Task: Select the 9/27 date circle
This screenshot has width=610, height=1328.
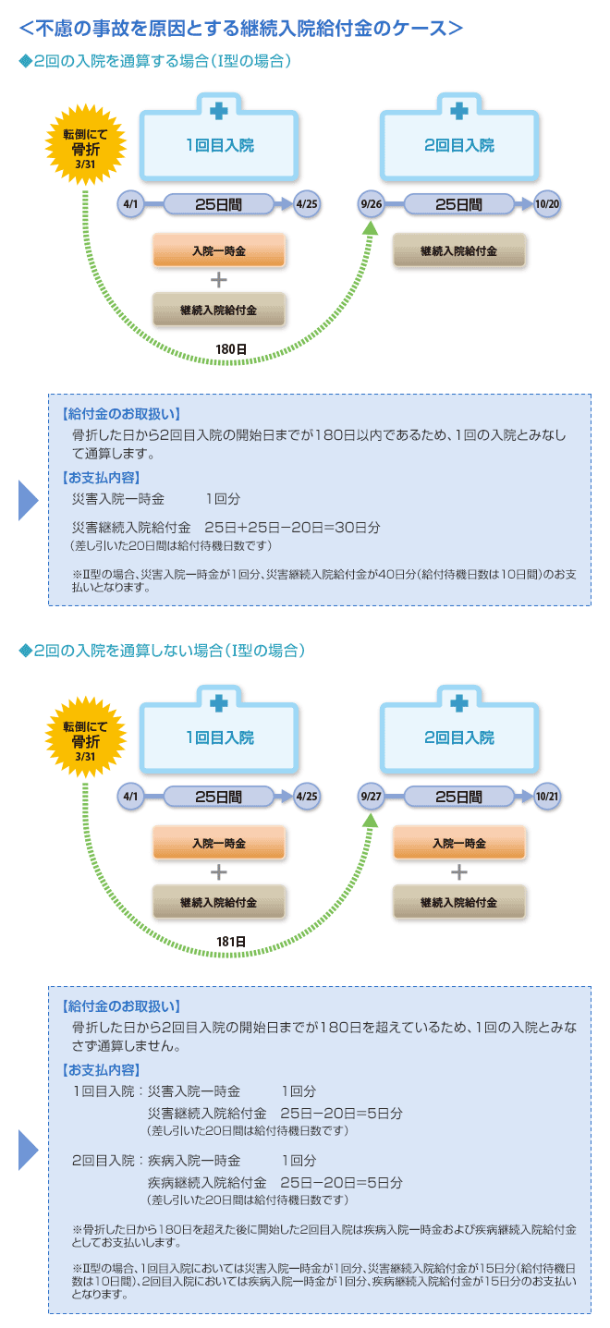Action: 372,796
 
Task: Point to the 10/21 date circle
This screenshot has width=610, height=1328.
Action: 547,796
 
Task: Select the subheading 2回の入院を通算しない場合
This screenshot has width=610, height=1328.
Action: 162,651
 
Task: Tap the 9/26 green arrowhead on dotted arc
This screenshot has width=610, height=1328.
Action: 371,227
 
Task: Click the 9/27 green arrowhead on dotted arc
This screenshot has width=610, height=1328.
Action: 371,819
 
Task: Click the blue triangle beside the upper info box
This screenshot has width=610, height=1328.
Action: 28,500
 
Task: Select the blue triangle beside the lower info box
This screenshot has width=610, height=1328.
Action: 28,1149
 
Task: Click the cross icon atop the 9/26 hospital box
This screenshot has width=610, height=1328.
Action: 459,111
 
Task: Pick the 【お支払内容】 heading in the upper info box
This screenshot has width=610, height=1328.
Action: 101,477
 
